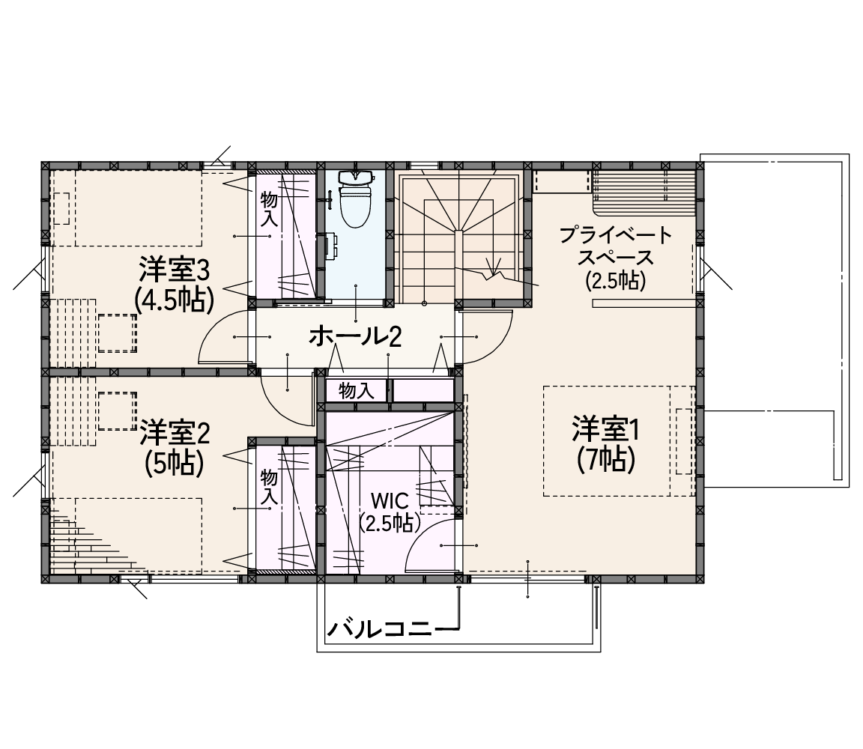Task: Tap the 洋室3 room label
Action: coord(174,270)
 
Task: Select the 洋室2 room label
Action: coord(175,433)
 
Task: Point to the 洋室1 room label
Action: coord(605,429)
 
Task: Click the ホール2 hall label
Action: coord(355,336)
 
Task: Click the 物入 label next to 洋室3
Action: coord(269,209)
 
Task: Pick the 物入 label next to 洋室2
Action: coord(269,487)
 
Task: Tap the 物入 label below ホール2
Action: coord(357,391)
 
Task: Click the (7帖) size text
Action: coord(606,459)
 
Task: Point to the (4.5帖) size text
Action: coord(174,300)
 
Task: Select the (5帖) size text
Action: coord(175,462)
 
